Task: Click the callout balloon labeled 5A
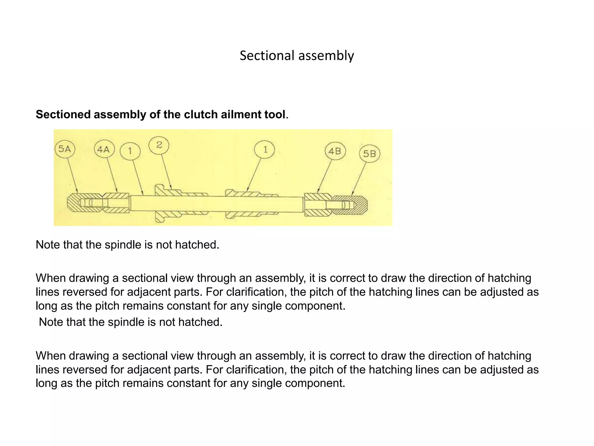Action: coord(65,149)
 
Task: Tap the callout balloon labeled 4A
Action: coord(104,149)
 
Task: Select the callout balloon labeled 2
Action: coord(159,145)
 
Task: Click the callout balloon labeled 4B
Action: coord(335,151)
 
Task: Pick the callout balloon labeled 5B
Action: coord(370,153)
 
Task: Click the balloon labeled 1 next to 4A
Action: coord(130,151)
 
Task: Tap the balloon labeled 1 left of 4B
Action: coord(265,150)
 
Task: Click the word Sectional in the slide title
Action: coord(267,55)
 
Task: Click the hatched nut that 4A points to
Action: coord(117,203)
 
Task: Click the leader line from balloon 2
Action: coord(166,171)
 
